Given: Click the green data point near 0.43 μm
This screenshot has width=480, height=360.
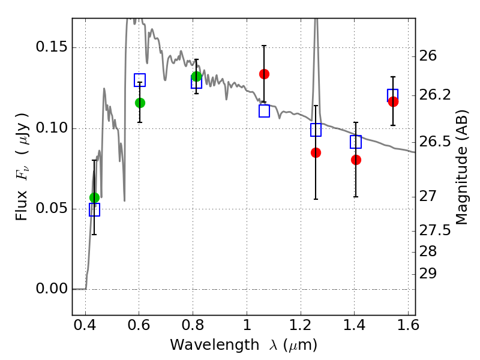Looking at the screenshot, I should (94, 197).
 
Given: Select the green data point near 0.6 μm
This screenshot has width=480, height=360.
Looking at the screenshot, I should (140, 103).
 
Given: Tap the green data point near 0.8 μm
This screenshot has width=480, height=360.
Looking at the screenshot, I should (196, 76).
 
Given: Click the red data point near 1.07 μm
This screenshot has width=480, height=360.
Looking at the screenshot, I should (264, 74).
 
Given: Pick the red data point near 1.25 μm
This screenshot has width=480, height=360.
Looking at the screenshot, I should (316, 152).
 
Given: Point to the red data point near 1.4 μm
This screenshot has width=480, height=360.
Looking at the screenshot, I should (356, 160).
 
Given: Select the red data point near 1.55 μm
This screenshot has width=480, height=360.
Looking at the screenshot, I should (393, 101).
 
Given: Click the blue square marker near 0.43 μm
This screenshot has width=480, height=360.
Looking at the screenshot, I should (94, 209).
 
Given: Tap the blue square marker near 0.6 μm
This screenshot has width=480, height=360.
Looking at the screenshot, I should (140, 80).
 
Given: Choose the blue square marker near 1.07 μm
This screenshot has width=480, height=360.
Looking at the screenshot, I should (264, 111).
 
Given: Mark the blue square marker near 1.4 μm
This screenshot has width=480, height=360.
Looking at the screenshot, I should (356, 142).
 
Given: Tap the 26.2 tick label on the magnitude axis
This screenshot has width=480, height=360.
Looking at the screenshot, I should (435, 95).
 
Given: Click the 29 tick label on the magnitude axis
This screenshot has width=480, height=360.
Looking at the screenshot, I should (429, 274).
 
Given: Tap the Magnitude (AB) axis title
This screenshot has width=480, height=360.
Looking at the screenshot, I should (462, 167).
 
